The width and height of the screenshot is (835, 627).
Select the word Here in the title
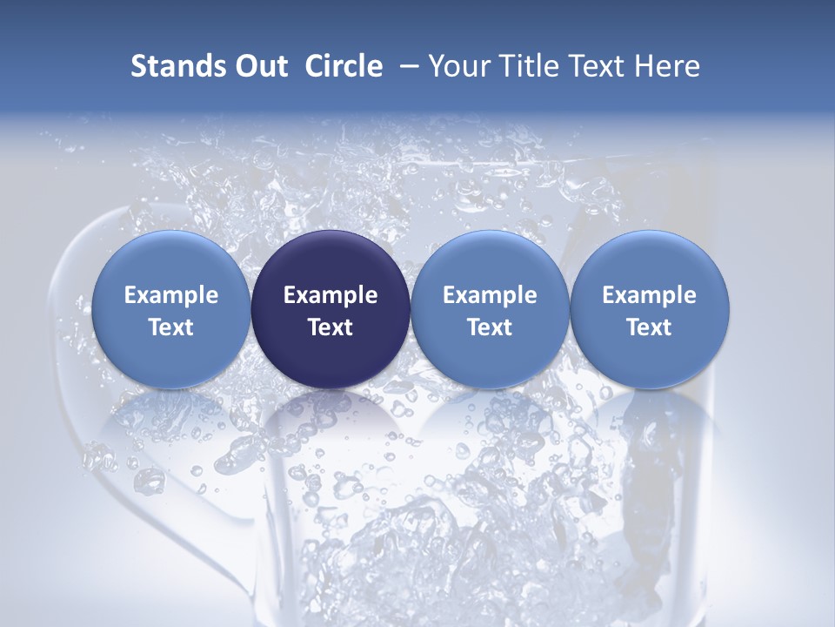click(668, 66)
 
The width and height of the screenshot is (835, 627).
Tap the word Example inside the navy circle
click(331, 295)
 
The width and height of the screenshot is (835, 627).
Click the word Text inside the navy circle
click(331, 327)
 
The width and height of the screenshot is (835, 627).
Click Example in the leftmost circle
click(170, 295)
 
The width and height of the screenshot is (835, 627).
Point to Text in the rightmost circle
click(649, 327)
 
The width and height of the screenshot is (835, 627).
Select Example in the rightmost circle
click(649, 295)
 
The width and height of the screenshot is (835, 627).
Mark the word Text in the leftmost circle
click(170, 327)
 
